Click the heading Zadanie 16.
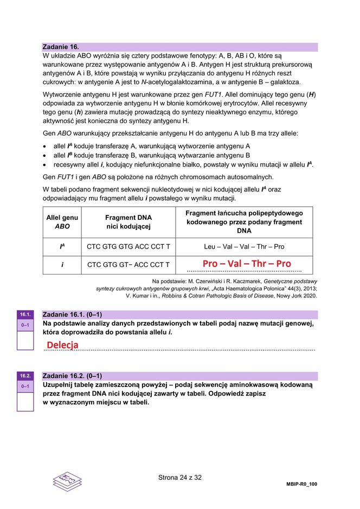click(x=61, y=47)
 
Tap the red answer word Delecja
click(x=62, y=345)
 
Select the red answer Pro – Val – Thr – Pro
click(x=247, y=264)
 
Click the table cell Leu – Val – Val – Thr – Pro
click(x=244, y=246)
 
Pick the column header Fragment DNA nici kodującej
click(x=128, y=222)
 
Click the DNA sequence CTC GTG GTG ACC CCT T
click(x=128, y=246)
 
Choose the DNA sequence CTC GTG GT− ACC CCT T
click(x=128, y=265)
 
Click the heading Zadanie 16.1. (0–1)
click(x=72, y=314)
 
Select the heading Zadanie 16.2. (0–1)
click(x=72, y=376)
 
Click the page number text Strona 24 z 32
click(x=179, y=478)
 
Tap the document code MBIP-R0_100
click(x=301, y=483)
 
